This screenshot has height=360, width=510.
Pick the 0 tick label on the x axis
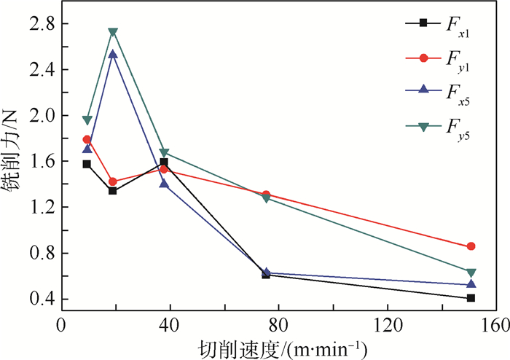(x=61, y=324)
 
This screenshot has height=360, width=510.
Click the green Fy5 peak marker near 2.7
(x=113, y=32)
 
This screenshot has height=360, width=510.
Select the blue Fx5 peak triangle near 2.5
(x=113, y=54)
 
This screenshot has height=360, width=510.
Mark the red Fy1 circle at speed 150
(x=471, y=247)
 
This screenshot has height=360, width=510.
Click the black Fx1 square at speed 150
(x=471, y=298)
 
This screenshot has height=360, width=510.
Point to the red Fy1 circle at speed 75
(x=266, y=195)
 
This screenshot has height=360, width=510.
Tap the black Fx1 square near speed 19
(x=113, y=191)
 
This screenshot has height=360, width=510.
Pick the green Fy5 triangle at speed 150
(x=471, y=273)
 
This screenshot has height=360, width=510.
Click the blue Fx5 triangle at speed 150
(x=471, y=284)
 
